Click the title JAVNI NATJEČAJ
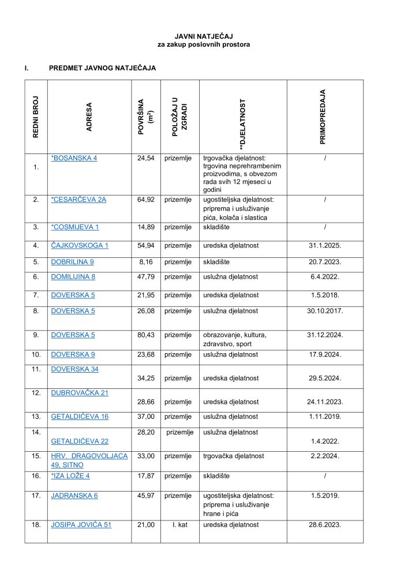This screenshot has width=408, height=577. click(204, 36)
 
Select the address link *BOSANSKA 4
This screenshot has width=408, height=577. click(74, 158)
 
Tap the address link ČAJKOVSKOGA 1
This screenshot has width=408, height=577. click(80, 245)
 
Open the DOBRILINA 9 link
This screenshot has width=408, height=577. click(73, 261)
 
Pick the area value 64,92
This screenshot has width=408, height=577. click(146, 200)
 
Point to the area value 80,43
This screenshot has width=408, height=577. click(146, 335)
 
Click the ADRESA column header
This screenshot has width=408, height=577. click(89, 117)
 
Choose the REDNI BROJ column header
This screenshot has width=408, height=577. click(36, 117)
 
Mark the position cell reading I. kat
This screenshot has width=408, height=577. click(180, 524)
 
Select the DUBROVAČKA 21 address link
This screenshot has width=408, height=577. click(80, 392)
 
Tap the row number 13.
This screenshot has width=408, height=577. click(36, 416)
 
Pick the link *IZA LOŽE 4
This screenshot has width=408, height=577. click(70, 475)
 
